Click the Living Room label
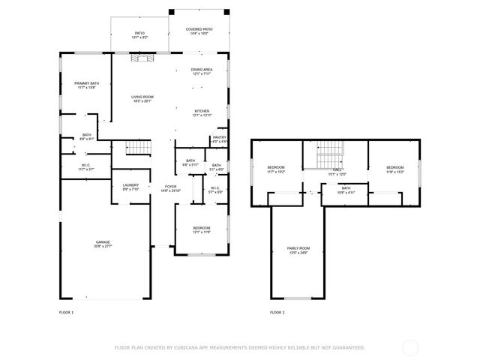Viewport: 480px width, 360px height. click(x=142, y=98)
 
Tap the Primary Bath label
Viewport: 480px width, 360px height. click(x=86, y=85)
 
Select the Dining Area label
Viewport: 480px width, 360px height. click(x=202, y=71)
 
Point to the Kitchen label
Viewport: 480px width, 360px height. click(x=202, y=112)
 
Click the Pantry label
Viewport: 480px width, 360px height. click(x=219, y=139)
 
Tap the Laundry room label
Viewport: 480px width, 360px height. click(x=130, y=187)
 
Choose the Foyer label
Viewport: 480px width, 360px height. click(x=170, y=188)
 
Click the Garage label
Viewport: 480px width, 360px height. click(x=103, y=244)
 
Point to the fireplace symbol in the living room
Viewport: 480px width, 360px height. click(x=142, y=58)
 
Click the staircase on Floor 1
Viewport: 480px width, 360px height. click(x=136, y=148)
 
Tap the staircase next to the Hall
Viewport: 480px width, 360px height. click(x=331, y=158)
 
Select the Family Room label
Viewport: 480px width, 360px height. click(x=298, y=250)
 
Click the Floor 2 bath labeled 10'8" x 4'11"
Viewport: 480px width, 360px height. click(x=346, y=190)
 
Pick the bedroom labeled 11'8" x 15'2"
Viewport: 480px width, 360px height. click(x=395, y=169)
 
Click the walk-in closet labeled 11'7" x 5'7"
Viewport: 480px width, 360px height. click(x=86, y=167)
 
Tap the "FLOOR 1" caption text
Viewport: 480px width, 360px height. click(x=67, y=312)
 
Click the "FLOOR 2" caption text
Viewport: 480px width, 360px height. click(x=277, y=312)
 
